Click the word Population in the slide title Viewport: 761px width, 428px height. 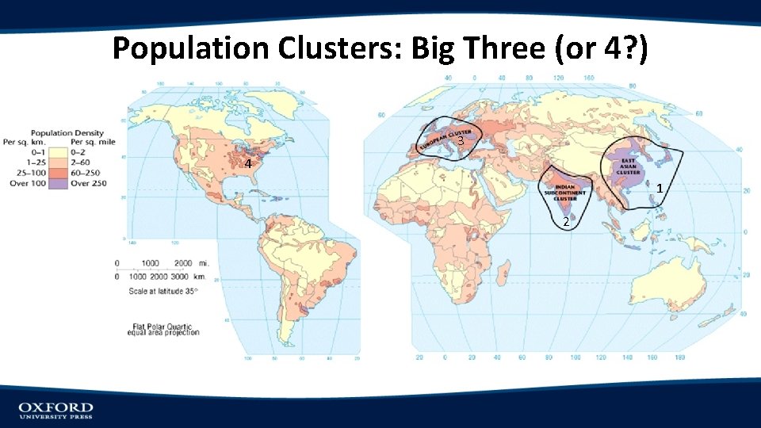[190, 48]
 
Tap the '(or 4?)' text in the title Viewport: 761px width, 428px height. [602, 48]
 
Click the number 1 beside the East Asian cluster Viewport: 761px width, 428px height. [660, 189]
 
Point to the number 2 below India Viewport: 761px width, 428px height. [564, 221]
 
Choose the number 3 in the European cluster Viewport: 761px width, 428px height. [460, 141]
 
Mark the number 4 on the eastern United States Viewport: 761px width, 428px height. [248, 164]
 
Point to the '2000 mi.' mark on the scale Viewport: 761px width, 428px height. [187, 263]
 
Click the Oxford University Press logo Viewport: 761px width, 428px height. [55, 410]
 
